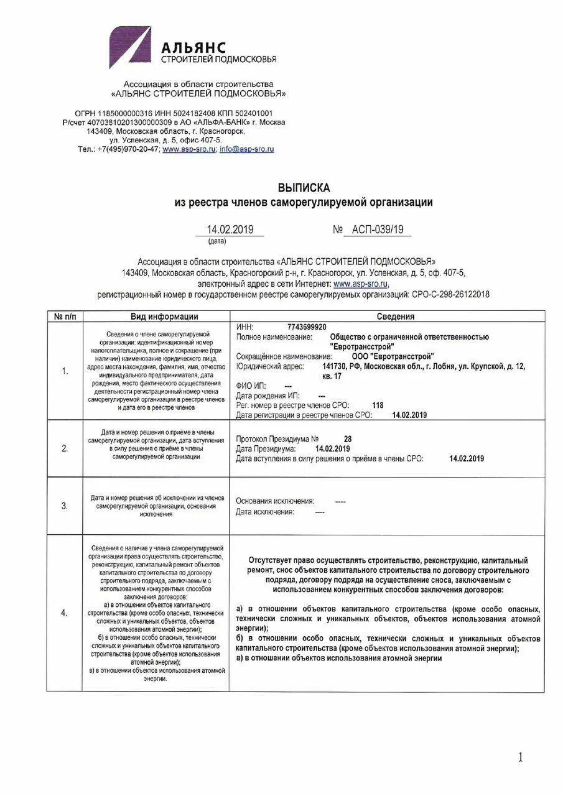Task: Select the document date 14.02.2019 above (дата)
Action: pyautogui.click(x=230, y=230)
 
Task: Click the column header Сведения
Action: pyautogui.click(x=395, y=317)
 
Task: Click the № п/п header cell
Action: pyautogui.click(x=65, y=317)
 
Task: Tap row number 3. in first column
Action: pyautogui.click(x=65, y=506)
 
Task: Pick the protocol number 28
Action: pyautogui.click(x=348, y=438)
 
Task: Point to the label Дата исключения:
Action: pyautogui.click(x=264, y=512)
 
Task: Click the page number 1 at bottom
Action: pyautogui.click(x=520, y=757)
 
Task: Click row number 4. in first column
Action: pyautogui.click(x=65, y=613)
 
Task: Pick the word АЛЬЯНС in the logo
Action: pyautogui.click(x=194, y=47)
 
